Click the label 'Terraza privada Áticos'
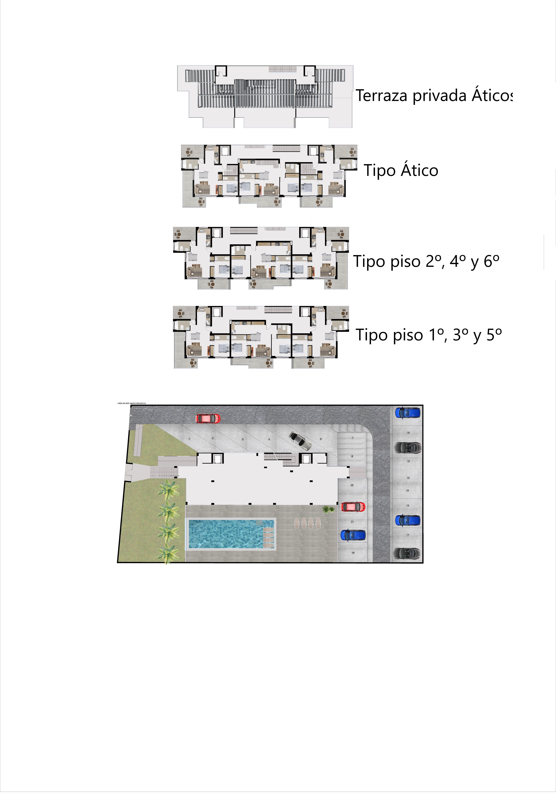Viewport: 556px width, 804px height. tap(434, 96)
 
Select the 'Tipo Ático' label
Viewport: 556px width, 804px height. tap(401, 170)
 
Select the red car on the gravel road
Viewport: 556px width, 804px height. tap(208, 418)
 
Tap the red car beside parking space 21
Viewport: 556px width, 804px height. tap(353, 507)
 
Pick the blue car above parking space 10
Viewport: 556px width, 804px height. tap(408, 413)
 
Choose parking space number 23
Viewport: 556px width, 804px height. tap(352, 485)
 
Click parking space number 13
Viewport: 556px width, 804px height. tap(408, 478)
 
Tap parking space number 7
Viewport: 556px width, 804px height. tap(353, 438)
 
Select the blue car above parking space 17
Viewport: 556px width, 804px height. tap(408, 521)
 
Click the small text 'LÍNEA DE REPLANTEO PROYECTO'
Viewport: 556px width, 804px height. tap(132, 403)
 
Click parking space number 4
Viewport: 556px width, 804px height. tap(269, 439)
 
